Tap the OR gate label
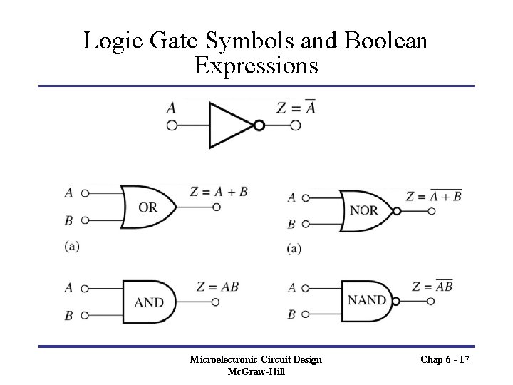point(147,207)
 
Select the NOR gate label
point(364,211)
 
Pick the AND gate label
point(148,302)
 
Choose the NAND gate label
point(366,299)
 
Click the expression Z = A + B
point(219,191)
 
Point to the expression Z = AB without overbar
point(217,287)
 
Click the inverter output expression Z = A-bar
point(295,108)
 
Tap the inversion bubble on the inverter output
point(259,125)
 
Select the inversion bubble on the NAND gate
point(396,301)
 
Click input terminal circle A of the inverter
point(172,125)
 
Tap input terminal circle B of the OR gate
point(85,220)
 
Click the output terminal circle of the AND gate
point(216,302)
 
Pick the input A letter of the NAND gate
point(292,288)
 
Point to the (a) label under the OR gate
point(71,247)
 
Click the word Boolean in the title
point(387,41)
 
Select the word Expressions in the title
point(256,66)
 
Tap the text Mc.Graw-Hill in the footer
point(256,371)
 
